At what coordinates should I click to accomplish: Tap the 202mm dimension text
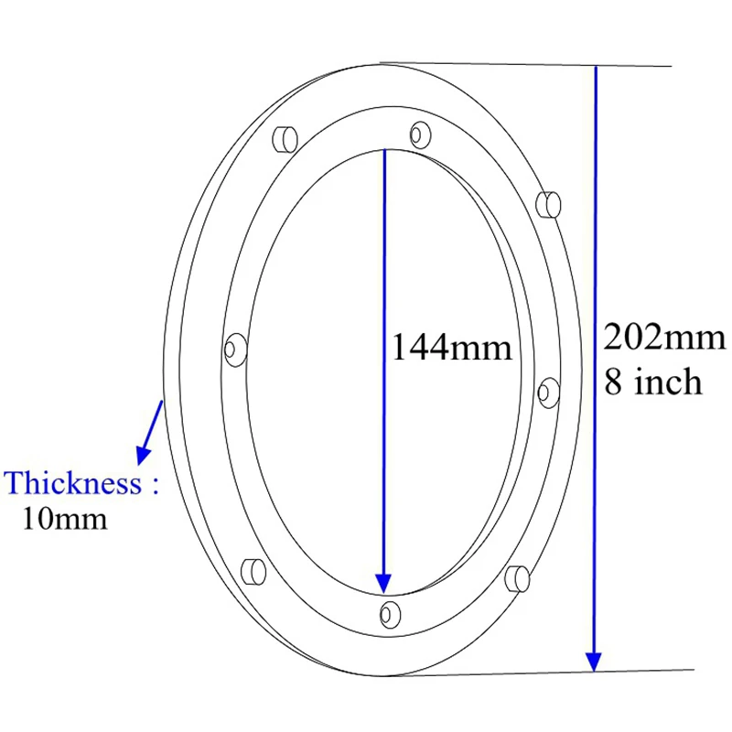pos(664,339)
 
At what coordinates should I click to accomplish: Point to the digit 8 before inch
pos(614,381)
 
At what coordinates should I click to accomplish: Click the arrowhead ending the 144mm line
pos(384,582)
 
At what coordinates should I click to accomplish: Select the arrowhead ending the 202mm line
pos(595,661)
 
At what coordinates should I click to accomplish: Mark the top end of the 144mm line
pos(384,150)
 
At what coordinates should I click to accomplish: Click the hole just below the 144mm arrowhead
pos(389,612)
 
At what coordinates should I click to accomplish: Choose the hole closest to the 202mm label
pos(548,393)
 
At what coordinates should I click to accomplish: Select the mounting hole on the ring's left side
pos(234,349)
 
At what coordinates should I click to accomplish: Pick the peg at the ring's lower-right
pos(517,578)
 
